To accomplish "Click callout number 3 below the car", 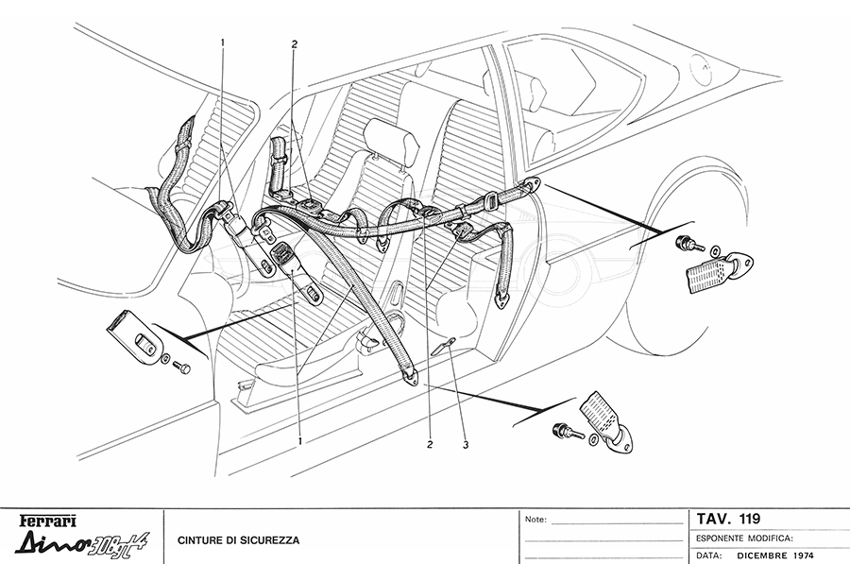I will tap(465, 444).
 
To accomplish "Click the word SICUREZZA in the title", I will tap(270, 541).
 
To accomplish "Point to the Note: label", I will tap(535, 520).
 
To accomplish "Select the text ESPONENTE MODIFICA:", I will tap(744, 538).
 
